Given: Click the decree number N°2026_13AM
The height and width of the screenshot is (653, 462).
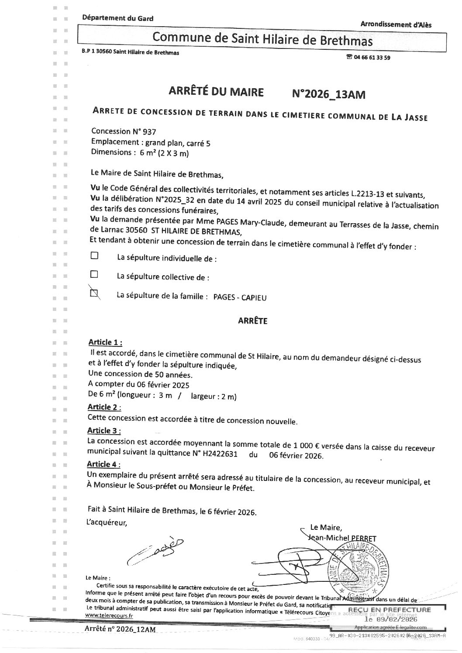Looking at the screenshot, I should click(328, 94).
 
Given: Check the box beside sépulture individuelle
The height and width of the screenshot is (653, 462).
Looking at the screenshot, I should click(94, 256).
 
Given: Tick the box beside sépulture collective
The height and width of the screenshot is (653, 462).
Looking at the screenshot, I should click(94, 275).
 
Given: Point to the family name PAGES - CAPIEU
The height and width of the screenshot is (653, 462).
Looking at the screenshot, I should click(240, 298).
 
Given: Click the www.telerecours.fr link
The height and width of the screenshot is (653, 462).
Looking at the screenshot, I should click(109, 615).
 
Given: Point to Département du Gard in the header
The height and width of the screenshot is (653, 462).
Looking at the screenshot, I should click(117, 18).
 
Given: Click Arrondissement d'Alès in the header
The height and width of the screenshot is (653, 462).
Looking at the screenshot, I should click(396, 24).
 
